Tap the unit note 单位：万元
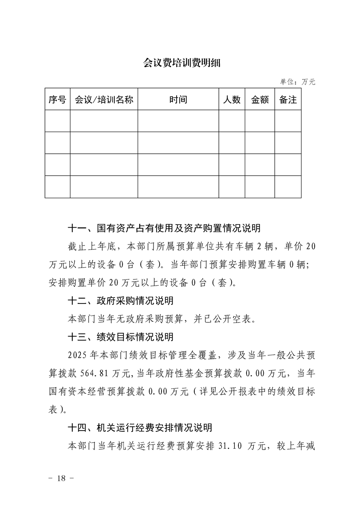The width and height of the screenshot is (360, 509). (297, 82)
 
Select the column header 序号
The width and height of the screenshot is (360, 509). (57, 100)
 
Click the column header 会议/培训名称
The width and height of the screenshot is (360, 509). (104, 100)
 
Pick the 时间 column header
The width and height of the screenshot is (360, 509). (178, 100)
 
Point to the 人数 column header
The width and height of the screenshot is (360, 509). (232, 100)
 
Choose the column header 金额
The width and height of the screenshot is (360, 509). (260, 100)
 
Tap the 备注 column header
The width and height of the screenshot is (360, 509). (288, 100)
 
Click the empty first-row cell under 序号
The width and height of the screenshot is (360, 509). (57, 121)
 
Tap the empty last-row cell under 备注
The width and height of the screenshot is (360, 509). (288, 187)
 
